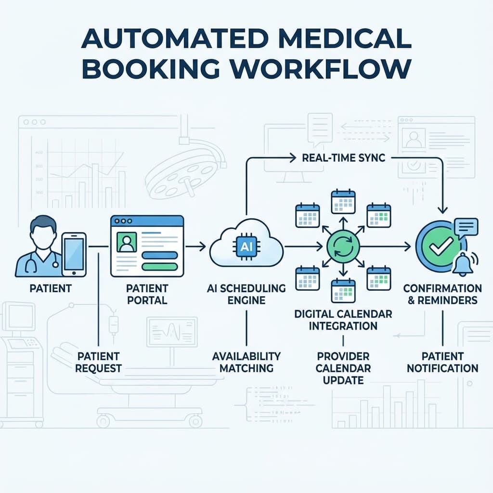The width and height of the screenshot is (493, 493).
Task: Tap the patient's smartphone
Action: point(74,254)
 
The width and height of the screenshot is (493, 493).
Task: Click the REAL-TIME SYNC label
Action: point(343,158)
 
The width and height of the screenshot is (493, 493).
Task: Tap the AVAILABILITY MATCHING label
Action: point(246,362)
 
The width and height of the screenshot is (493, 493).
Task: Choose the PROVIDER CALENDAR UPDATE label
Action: point(343,368)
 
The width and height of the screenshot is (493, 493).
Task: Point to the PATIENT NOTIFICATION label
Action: point(442,362)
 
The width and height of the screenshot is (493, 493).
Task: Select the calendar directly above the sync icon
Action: point(343,202)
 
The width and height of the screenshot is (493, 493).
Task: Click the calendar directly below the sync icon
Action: point(343,291)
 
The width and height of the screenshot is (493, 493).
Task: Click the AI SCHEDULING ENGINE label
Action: point(246,294)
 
